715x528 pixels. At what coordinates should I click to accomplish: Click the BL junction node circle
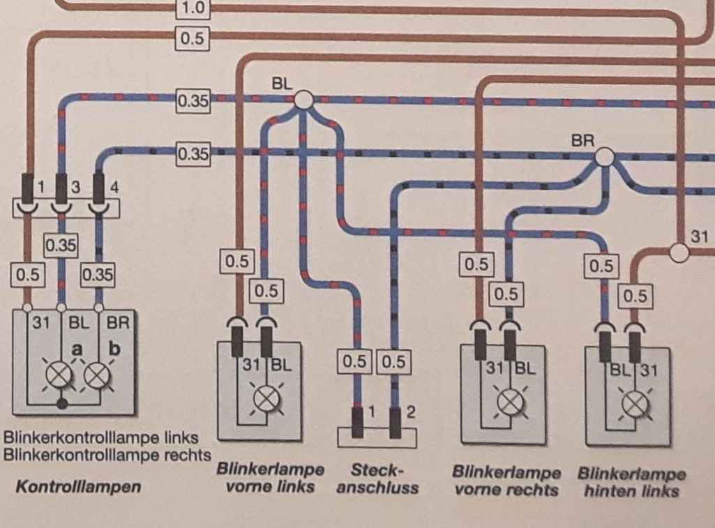[x=303, y=100]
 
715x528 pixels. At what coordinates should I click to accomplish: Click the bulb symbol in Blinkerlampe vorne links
[x=264, y=398]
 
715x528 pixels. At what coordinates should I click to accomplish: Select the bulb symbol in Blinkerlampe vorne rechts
[x=507, y=402]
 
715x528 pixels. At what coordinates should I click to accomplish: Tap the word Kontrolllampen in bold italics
[x=78, y=487]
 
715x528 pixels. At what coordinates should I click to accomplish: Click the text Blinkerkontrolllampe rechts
[x=107, y=455]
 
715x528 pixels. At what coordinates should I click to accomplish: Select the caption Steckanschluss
[x=377, y=478]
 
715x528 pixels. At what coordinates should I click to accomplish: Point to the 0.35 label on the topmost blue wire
[x=193, y=100]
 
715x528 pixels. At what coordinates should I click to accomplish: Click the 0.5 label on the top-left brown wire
[x=191, y=39]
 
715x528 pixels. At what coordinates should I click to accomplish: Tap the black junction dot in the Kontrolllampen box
[x=62, y=402]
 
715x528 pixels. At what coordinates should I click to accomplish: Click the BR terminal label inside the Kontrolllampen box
[x=118, y=323]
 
